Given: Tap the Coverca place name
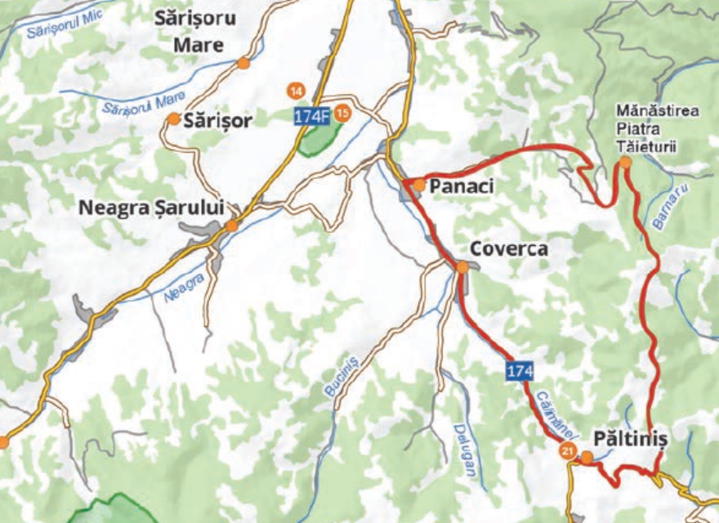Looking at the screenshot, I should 508,249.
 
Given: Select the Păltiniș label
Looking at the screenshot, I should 631,439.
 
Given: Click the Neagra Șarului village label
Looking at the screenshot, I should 151,208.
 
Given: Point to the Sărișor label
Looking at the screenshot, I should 218,121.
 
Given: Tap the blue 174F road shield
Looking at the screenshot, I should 312,117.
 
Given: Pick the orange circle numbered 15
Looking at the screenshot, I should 342,113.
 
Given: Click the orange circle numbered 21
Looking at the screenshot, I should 567,451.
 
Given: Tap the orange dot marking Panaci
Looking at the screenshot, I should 419,186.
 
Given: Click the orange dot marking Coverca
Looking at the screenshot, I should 462,267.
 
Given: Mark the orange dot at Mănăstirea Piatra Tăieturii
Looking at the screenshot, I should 625,163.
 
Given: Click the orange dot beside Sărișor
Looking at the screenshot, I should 173,119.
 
